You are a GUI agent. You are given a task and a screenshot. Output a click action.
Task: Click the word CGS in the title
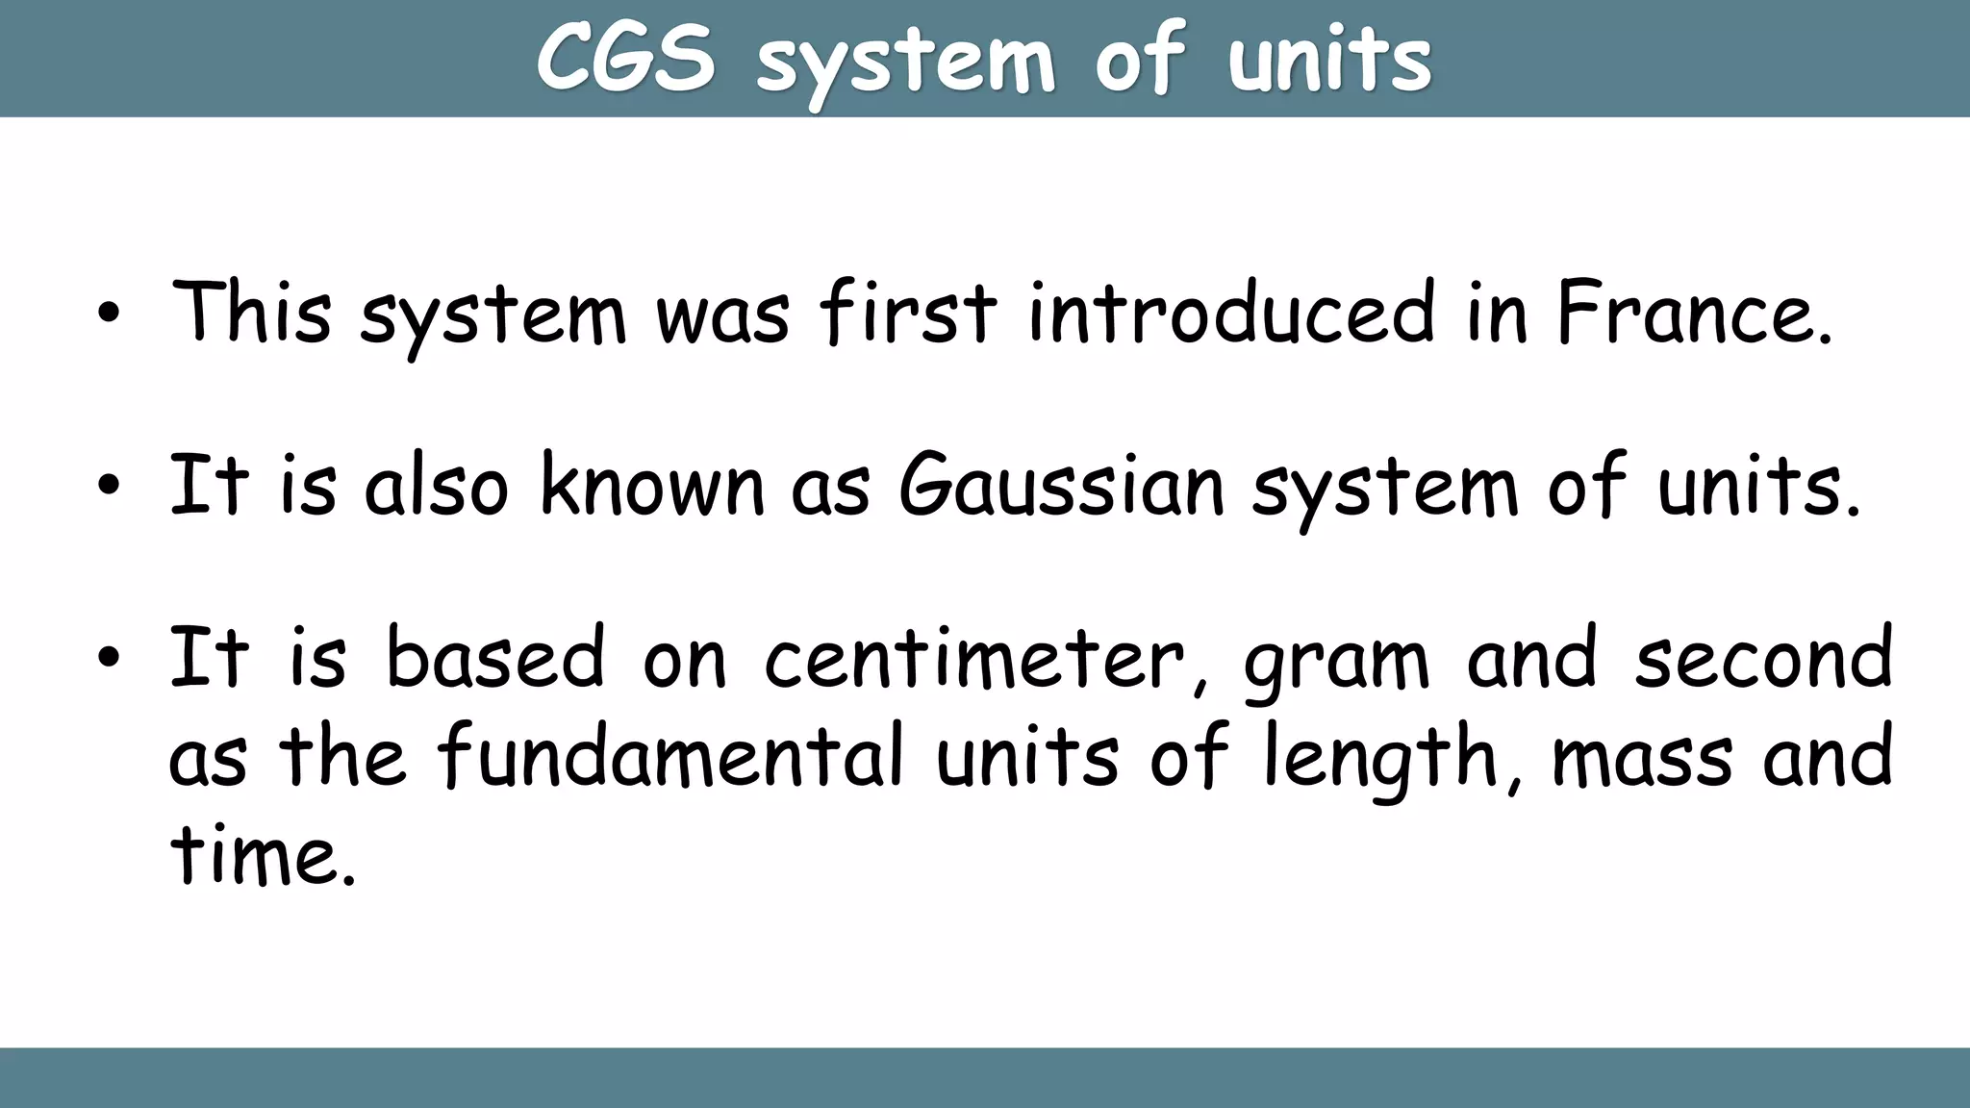click(x=625, y=59)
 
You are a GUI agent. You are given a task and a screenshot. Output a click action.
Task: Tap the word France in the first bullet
click(x=1695, y=313)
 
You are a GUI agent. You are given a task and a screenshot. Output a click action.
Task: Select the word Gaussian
click(x=1062, y=486)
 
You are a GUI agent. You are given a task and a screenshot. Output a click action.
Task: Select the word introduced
click(x=1232, y=313)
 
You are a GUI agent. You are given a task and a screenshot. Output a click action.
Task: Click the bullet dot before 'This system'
click(x=109, y=315)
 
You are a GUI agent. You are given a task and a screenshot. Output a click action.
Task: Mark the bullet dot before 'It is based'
click(x=109, y=660)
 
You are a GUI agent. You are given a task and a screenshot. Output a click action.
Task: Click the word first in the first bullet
click(x=908, y=313)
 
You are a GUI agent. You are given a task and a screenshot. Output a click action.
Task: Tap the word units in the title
click(x=1329, y=61)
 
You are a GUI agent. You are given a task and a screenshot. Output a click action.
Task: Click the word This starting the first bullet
click(x=251, y=313)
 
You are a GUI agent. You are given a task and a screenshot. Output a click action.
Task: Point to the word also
click(x=436, y=486)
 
